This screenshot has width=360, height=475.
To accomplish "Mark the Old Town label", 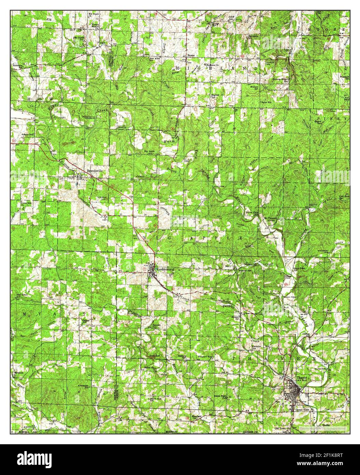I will click(x=280, y=428).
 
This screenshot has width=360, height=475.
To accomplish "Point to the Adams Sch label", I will click(x=27, y=135).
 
